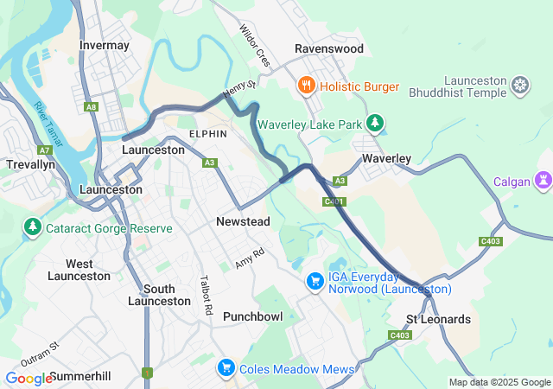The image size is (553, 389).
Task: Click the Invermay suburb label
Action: tap(104, 45)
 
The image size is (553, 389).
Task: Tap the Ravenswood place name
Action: tap(329, 49)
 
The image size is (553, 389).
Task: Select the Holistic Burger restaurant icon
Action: tap(306, 86)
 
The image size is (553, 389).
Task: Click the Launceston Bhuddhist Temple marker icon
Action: tap(520, 85)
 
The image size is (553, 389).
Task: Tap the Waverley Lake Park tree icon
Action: tap(375, 124)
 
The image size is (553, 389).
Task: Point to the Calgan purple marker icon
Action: tap(543, 181)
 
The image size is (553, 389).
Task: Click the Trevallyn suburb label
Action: tap(30, 163)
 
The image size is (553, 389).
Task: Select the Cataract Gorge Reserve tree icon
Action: tap(33, 228)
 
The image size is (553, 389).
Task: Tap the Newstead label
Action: tap(243, 222)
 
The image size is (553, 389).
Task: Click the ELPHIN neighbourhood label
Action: tap(208, 134)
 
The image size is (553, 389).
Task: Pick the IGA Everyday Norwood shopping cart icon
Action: tap(315, 282)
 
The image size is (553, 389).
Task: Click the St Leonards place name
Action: tap(438, 319)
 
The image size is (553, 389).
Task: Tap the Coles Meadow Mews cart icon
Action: tap(226, 368)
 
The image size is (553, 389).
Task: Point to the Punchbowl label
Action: tap(252, 316)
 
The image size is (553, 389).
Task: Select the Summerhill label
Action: tap(80, 377)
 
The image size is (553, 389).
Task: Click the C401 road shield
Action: tap(334, 201)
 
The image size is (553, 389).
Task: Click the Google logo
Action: tap(29, 378)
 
